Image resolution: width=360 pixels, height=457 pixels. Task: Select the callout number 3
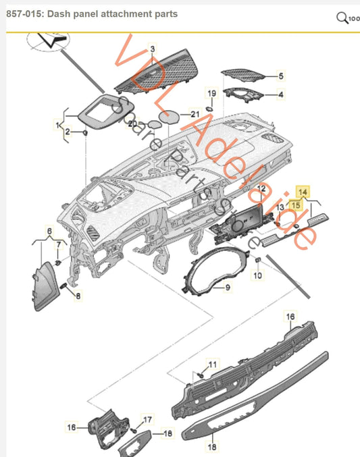point(153,49)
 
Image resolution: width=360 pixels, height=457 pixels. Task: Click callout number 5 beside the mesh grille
point(282,76)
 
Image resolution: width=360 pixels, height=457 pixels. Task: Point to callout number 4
point(282,95)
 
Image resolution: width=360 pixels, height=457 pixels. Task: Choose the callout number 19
point(211,92)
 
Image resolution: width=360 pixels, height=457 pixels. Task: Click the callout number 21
point(195,114)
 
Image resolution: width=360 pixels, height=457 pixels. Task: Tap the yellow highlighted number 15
point(295,203)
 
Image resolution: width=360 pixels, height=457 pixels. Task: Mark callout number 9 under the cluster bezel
point(228,288)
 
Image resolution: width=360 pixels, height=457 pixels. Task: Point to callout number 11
point(213,365)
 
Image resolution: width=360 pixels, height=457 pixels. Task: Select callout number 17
point(148,419)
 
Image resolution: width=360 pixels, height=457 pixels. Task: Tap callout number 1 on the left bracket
point(57,125)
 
